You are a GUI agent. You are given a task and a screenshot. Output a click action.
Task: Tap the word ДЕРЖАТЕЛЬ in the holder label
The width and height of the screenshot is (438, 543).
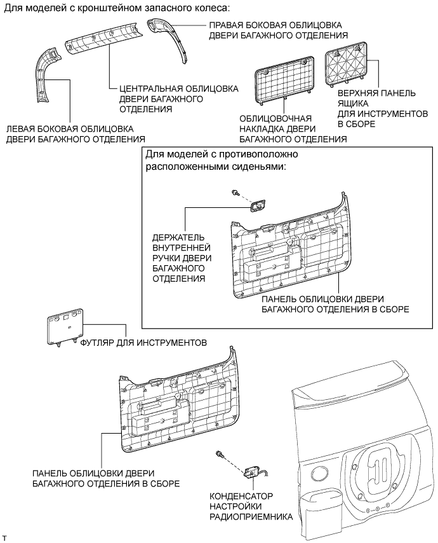(x=178, y=237)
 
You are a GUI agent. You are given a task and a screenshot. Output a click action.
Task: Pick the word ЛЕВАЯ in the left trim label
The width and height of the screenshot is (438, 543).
(x=23, y=128)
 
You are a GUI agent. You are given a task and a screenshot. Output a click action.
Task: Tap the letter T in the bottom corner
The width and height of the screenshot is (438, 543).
(x=5, y=538)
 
